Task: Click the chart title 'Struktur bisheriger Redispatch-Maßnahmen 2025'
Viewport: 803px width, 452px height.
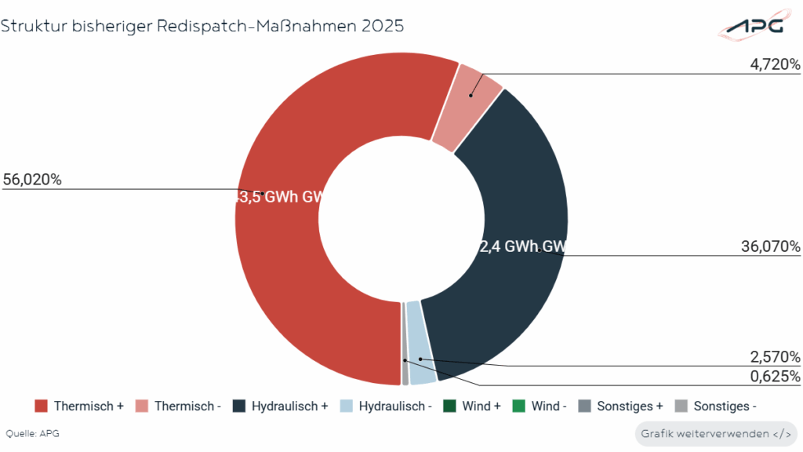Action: (202, 26)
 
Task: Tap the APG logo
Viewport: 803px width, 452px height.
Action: (754, 26)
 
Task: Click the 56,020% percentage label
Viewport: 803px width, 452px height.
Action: (32, 180)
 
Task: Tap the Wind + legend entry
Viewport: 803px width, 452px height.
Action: (471, 406)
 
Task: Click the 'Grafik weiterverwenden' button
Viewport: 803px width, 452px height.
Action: (715, 434)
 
